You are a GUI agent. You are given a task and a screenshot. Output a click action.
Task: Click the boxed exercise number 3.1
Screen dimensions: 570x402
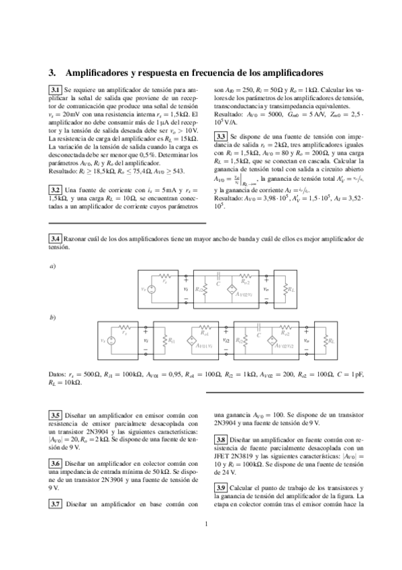click(56, 89)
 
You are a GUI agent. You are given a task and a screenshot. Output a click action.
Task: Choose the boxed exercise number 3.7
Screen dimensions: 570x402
click(56, 504)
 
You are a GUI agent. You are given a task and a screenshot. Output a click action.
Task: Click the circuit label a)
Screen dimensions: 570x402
click(53, 267)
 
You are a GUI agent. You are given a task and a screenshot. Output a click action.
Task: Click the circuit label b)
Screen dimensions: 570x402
click(53, 316)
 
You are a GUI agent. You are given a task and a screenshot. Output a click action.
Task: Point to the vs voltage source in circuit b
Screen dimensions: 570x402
click(111, 341)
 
